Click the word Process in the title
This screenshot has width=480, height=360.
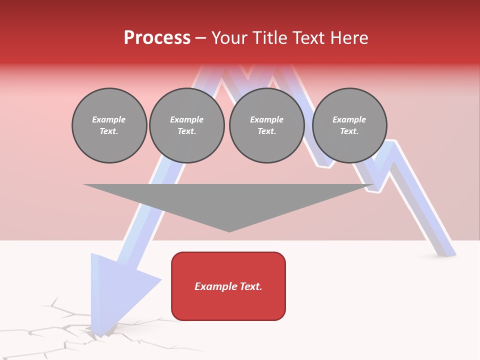[x=157, y=38]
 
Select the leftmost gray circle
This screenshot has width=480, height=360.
[x=109, y=125]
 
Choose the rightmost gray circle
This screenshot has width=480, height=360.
[x=349, y=125]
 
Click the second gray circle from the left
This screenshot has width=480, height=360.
[x=187, y=125]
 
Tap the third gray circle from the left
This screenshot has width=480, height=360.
[x=266, y=125]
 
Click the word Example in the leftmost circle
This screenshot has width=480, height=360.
[x=109, y=119]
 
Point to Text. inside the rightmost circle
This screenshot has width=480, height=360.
[x=349, y=131]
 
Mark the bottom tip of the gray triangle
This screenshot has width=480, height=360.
[x=229, y=231]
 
